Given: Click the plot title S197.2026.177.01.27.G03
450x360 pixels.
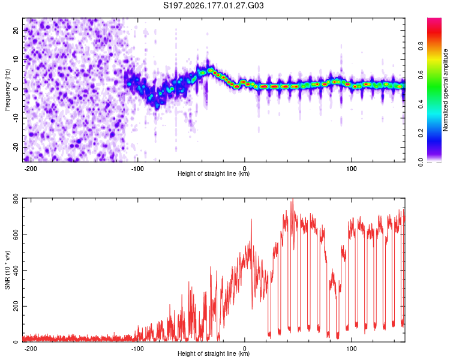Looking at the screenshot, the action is [213, 5].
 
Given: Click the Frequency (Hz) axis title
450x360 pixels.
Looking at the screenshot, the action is [7, 90].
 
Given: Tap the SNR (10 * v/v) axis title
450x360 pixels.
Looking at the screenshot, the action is [7, 270].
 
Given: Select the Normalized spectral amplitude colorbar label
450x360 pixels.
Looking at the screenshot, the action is [445, 90].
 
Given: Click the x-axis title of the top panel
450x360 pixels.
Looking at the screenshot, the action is [214, 173].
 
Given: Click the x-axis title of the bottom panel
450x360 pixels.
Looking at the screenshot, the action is [214, 353].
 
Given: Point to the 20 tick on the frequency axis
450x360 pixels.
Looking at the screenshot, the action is [16, 30].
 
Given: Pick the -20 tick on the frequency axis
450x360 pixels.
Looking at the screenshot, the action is [16, 147].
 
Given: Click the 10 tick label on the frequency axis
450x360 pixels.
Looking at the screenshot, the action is [16, 59].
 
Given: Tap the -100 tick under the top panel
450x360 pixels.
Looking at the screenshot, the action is [137, 169].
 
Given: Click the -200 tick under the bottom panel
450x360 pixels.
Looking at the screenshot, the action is [31, 349].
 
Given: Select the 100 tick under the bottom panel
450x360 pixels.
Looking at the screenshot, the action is [351, 349].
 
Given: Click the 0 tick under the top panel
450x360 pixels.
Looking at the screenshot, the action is [245, 169].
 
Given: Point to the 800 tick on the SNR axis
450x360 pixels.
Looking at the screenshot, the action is [16, 199].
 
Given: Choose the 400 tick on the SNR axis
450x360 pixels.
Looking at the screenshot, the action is [16, 271].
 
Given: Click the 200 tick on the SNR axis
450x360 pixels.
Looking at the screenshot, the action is [16, 307].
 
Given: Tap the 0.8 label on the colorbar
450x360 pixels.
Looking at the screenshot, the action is [421, 46].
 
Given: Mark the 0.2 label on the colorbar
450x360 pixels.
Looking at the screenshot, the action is [421, 133].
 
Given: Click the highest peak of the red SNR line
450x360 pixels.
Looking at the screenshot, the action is [292, 199].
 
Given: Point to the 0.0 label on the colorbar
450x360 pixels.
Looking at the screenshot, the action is [421, 162].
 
